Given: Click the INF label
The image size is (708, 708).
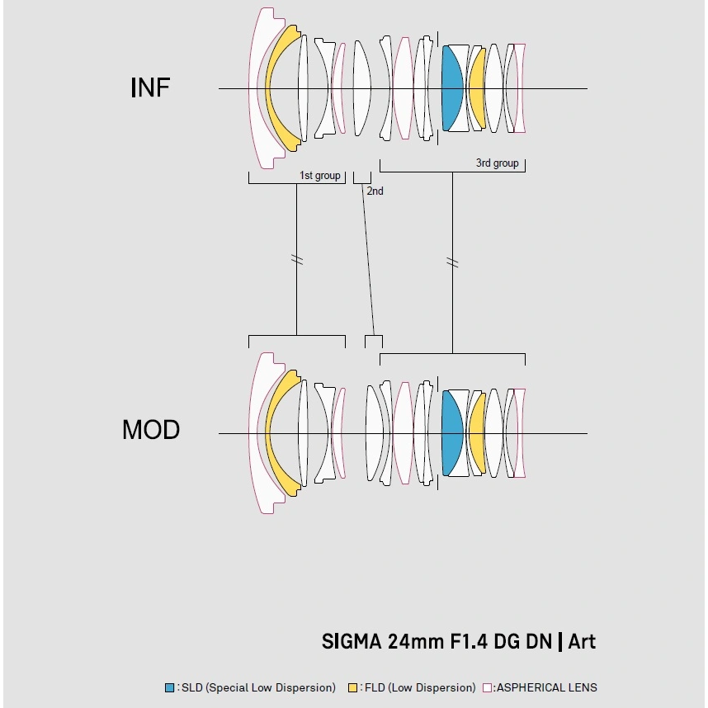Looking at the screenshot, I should (150, 87).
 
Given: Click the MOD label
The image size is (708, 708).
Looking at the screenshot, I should (150, 430).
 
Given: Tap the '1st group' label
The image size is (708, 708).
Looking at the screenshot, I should (319, 176).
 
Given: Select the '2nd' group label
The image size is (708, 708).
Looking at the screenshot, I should (375, 191).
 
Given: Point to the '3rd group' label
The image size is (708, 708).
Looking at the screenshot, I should (497, 163).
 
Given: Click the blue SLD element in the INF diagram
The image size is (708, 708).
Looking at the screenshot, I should (451, 87).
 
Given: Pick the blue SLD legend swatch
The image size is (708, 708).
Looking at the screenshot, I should (170, 687).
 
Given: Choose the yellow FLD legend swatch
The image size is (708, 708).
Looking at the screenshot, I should (353, 687).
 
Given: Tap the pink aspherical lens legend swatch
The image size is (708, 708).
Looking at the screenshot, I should (487, 687).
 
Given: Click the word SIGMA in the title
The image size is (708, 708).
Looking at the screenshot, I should (351, 642).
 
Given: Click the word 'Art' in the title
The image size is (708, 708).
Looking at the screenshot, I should (581, 642).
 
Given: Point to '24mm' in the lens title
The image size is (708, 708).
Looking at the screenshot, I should (414, 642).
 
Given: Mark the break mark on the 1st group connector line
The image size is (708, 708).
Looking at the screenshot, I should (297, 260).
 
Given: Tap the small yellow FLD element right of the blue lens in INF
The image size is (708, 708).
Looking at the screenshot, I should (476, 87).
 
